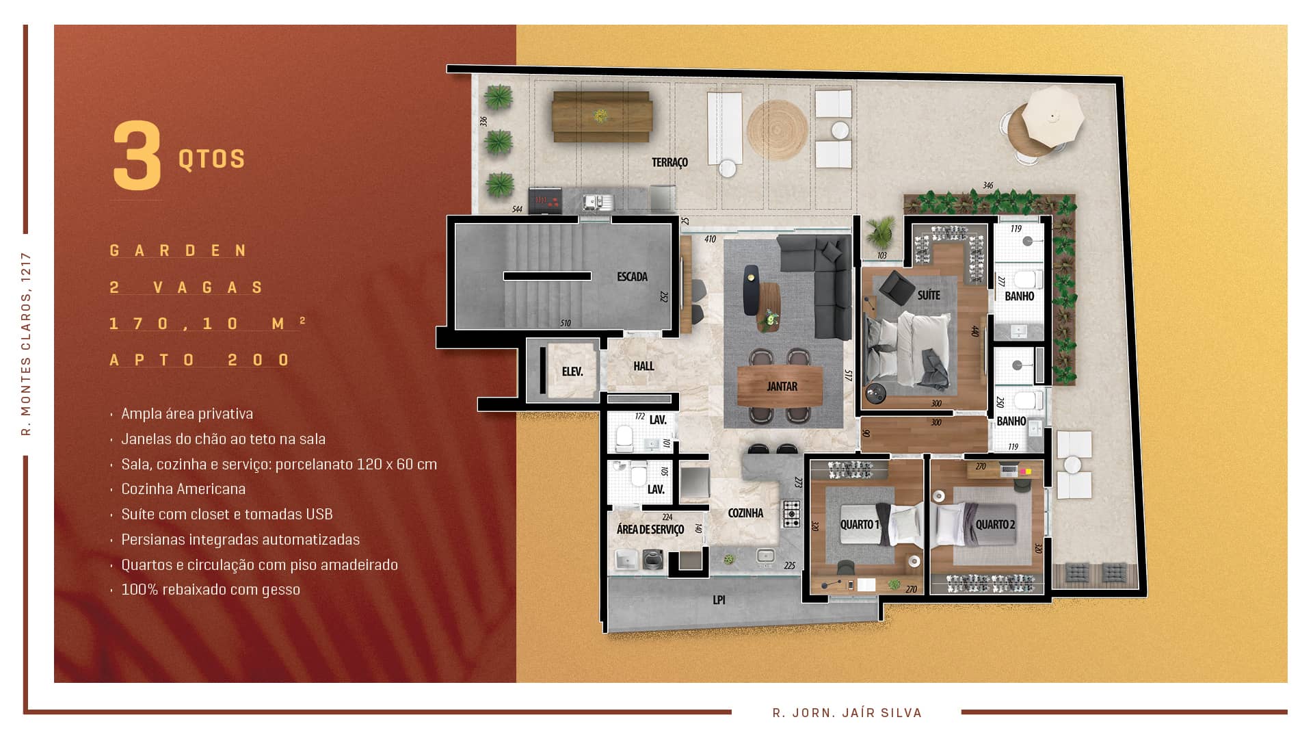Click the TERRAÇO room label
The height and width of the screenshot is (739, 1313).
(669, 162)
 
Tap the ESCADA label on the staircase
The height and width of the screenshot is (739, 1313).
(632, 276)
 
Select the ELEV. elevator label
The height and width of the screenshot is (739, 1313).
(572, 372)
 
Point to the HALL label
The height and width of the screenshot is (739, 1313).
(644, 366)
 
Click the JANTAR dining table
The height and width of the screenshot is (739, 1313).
(782, 386)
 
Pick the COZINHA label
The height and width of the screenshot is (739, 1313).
(745, 513)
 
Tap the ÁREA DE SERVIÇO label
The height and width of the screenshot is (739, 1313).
(650, 529)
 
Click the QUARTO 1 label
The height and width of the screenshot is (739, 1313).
(860, 525)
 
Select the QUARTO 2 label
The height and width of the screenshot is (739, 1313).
(995, 525)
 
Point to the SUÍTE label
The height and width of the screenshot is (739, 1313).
(929, 295)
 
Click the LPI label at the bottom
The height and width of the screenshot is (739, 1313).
(719, 599)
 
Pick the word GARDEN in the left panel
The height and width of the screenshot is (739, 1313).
(178, 250)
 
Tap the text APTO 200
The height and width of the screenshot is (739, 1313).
(200, 360)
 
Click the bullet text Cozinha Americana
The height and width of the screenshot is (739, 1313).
(183, 489)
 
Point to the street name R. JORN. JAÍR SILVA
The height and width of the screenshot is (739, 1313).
(847, 712)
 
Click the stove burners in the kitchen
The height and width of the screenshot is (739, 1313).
(791, 513)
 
